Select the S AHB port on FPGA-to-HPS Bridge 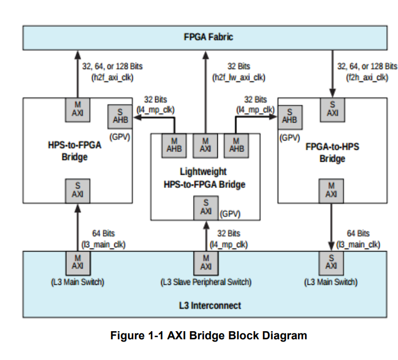pyautogui.click(x=289, y=115)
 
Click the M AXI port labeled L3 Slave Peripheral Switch pyautogui.click(x=206, y=262)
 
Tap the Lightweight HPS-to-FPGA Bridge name pyautogui.click(x=205, y=178)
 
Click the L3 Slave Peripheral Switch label pyautogui.click(x=206, y=282)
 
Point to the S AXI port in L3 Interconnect pyautogui.click(x=331, y=262)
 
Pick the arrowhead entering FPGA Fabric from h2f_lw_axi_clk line pyautogui.click(x=205, y=55)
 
